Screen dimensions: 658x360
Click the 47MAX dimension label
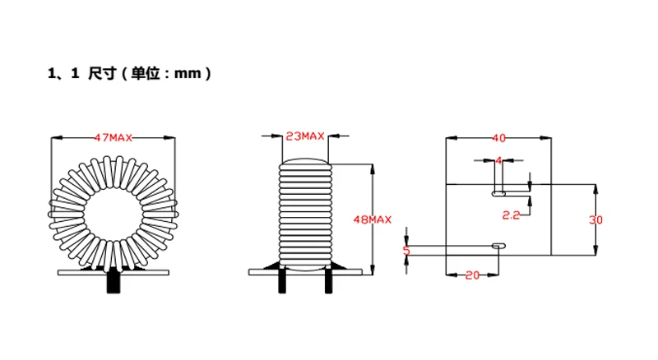[114, 137]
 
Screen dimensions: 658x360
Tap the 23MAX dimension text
[304, 136]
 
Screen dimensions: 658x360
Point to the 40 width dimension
[498, 137]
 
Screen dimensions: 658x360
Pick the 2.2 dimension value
[511, 215]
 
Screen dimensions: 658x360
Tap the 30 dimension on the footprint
[598, 219]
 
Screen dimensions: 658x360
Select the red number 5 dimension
[405, 250]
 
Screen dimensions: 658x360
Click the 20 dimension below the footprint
[472, 275]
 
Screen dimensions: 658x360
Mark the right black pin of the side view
[329, 281]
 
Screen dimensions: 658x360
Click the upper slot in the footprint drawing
[498, 194]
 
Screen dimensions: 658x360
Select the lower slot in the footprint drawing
[497, 245]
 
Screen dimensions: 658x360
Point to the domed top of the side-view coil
[304, 161]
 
